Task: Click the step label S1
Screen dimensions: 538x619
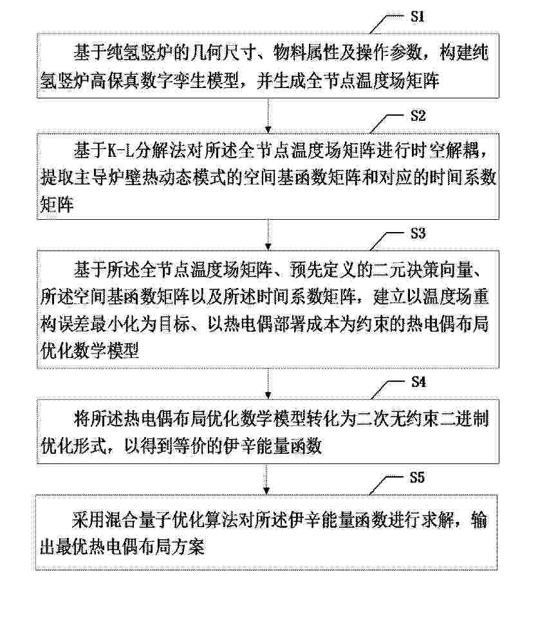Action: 418,17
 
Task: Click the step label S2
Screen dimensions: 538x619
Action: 418,116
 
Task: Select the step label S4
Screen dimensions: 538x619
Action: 418,382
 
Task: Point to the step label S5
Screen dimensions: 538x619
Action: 417,478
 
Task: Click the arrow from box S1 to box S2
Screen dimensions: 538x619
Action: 268,115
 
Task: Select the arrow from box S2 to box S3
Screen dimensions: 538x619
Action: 268,235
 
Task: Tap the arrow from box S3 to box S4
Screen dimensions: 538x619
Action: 268,384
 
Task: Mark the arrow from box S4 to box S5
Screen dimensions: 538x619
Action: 267,479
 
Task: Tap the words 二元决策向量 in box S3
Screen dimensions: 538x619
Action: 423,269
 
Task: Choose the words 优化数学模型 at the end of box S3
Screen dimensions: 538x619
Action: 89,350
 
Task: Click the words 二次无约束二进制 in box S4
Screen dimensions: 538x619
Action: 423,418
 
